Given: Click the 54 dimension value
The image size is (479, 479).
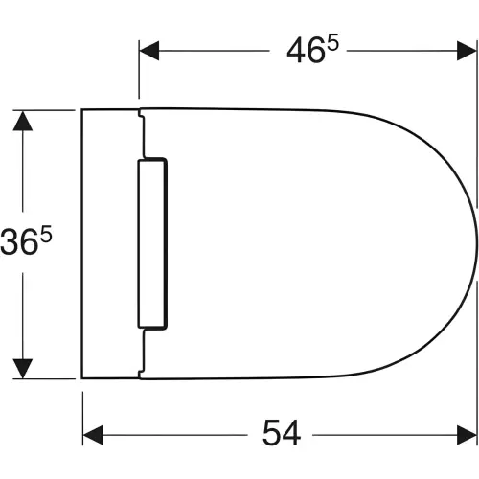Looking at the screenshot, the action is pos(282,433).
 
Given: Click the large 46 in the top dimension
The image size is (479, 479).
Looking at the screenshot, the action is pos(306,51).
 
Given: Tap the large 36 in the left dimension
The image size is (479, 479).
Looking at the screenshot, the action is pos(17,241).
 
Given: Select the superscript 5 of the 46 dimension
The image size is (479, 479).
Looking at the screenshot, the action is pos(332,44).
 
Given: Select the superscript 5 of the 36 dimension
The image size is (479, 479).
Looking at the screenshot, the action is pos(46,233).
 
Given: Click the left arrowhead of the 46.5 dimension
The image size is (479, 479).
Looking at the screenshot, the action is pos(149,51).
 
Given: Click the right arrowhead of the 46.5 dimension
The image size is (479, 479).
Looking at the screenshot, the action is pos(467,51).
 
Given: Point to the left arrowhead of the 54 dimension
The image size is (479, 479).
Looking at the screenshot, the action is pos(93,435).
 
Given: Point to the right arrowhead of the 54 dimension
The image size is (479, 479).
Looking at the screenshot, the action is pos(467,435).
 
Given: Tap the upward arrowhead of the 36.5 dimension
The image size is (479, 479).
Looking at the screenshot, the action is pos(23,121).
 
